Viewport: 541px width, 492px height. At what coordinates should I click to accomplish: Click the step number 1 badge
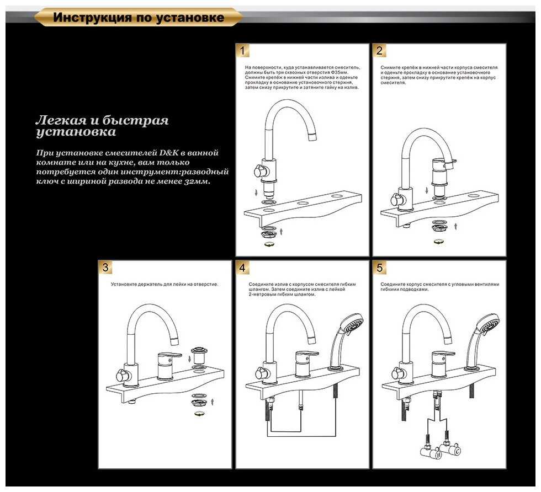pyautogui.click(x=243, y=51)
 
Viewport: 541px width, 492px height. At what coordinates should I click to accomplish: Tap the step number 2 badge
pyautogui.click(x=379, y=51)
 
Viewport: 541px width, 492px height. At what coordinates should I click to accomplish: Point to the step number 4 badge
pyautogui.click(x=243, y=268)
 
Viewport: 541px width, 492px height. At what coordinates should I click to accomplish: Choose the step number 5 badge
pyautogui.click(x=379, y=268)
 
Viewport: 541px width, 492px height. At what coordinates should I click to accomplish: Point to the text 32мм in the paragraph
pyautogui.click(x=197, y=181)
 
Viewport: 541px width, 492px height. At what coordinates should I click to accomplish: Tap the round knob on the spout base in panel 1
pyautogui.click(x=258, y=171)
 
